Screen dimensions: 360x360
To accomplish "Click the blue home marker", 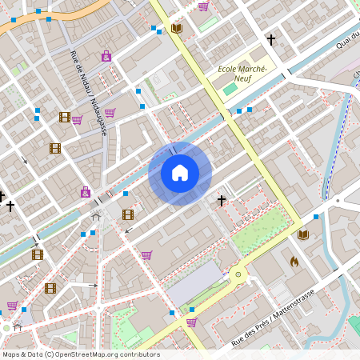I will [x=180, y=173].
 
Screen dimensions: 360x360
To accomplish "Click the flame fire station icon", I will [x=294, y=261].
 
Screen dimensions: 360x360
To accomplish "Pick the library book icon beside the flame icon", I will [x=302, y=234].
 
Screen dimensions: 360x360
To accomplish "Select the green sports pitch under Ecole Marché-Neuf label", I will [x=230, y=88].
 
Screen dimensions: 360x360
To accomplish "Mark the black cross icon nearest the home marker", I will [x=222, y=200].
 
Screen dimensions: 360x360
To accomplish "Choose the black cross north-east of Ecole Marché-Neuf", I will [x=270, y=39].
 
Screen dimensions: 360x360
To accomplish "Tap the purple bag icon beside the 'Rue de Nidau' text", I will [x=106, y=56].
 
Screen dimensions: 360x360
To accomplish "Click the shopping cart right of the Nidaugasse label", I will [x=110, y=113].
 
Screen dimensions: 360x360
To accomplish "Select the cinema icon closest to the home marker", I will [x=128, y=214].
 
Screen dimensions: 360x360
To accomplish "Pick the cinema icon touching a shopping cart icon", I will [x=64, y=117].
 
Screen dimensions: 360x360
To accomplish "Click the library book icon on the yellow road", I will [x=177, y=29].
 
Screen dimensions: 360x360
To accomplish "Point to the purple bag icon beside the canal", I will [x=86, y=192].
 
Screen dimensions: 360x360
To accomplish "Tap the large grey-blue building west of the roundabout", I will [x=194, y=284].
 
